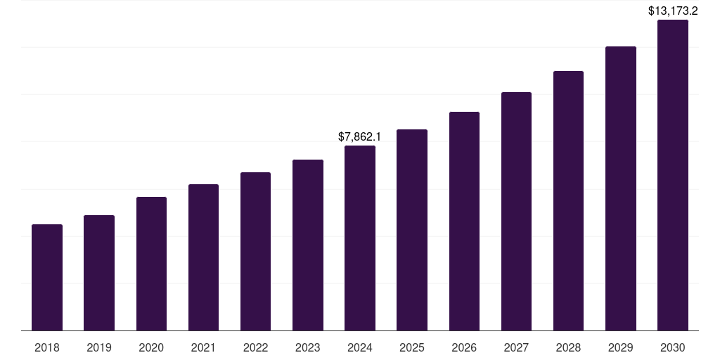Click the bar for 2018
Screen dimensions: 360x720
[47, 278]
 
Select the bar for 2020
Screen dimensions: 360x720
[151, 264]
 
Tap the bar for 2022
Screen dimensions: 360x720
[255, 252]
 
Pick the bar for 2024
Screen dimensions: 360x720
[360, 238]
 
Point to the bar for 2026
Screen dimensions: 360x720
[464, 221]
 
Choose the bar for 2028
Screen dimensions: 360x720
[568, 201]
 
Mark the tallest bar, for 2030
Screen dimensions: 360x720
[673, 175]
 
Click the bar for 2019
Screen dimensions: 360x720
[99, 273]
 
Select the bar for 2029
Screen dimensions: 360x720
[621, 188]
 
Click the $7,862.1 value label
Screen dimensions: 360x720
[360, 136]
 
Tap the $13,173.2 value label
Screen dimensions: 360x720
[673, 11]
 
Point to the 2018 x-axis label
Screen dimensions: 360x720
[47, 348]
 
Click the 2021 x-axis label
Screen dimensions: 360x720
[203, 348]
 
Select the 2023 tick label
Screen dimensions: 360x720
[308, 348]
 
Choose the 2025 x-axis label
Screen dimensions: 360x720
[412, 348]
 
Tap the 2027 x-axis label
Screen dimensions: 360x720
[516, 348]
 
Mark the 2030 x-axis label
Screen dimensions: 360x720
[673, 348]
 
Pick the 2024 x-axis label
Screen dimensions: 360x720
[360, 348]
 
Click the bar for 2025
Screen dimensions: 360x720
[412, 230]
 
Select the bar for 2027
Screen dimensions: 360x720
[516, 212]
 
